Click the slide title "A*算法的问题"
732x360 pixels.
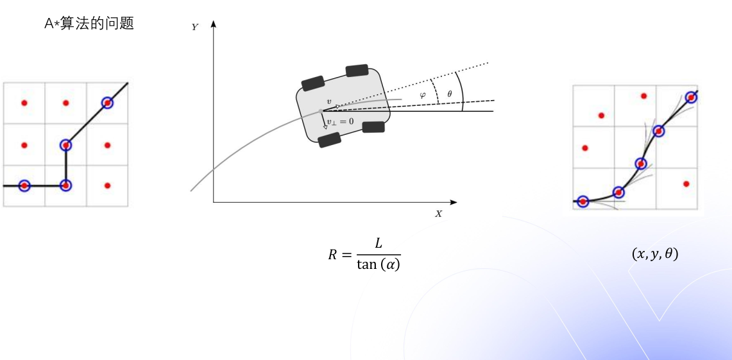coord(89,23)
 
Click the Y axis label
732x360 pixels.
coord(194,27)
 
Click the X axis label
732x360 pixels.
coord(438,214)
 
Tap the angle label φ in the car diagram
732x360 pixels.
coord(423,95)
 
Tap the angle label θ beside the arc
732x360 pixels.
coord(450,94)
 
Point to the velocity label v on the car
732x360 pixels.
coord(328,101)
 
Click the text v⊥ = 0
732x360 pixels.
coord(340,121)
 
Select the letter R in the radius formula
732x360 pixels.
coord(332,255)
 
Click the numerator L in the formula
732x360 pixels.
coord(378,244)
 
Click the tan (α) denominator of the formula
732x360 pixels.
coord(378,265)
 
